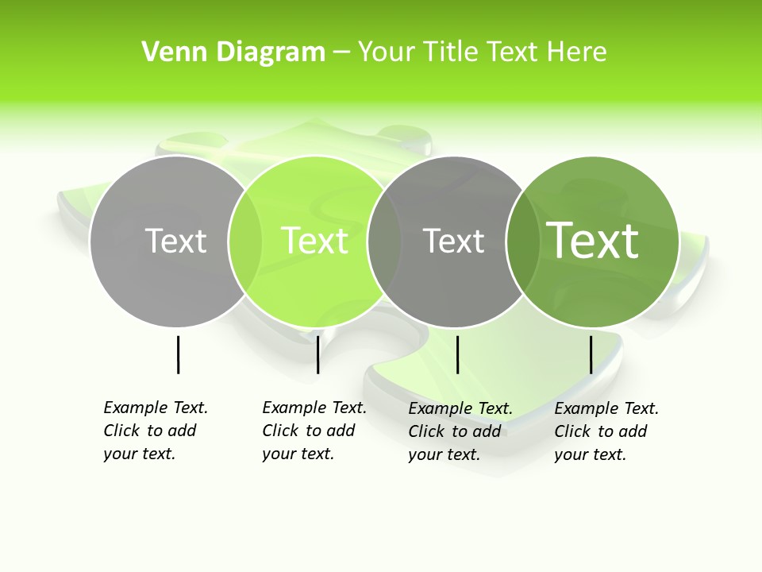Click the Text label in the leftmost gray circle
[x=175, y=241]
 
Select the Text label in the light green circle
[x=315, y=241]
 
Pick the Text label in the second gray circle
[x=453, y=241]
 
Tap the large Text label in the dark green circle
[x=593, y=240]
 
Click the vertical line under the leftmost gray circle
[x=178, y=354]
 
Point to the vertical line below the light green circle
[x=317, y=354]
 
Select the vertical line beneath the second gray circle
[x=457, y=354]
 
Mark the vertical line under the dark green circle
[x=591, y=354]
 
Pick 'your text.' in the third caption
[x=444, y=454]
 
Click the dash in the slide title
[x=341, y=53]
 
